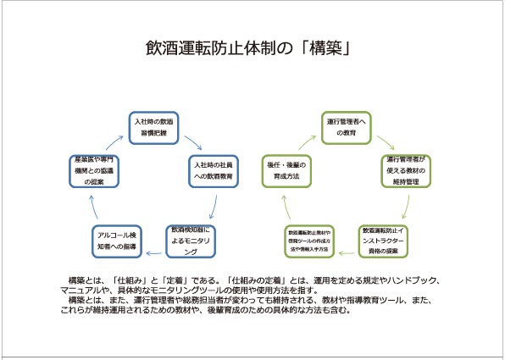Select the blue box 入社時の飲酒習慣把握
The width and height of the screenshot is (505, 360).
tap(155, 127)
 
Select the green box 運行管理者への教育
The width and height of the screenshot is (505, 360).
tap(346, 127)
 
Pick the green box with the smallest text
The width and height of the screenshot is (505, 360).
tap(308, 241)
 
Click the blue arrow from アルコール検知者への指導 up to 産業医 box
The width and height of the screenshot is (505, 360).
tap(95, 208)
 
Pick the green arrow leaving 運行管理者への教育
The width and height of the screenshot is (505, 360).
tap(386, 139)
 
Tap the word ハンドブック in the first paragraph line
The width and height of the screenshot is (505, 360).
tap(420, 280)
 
